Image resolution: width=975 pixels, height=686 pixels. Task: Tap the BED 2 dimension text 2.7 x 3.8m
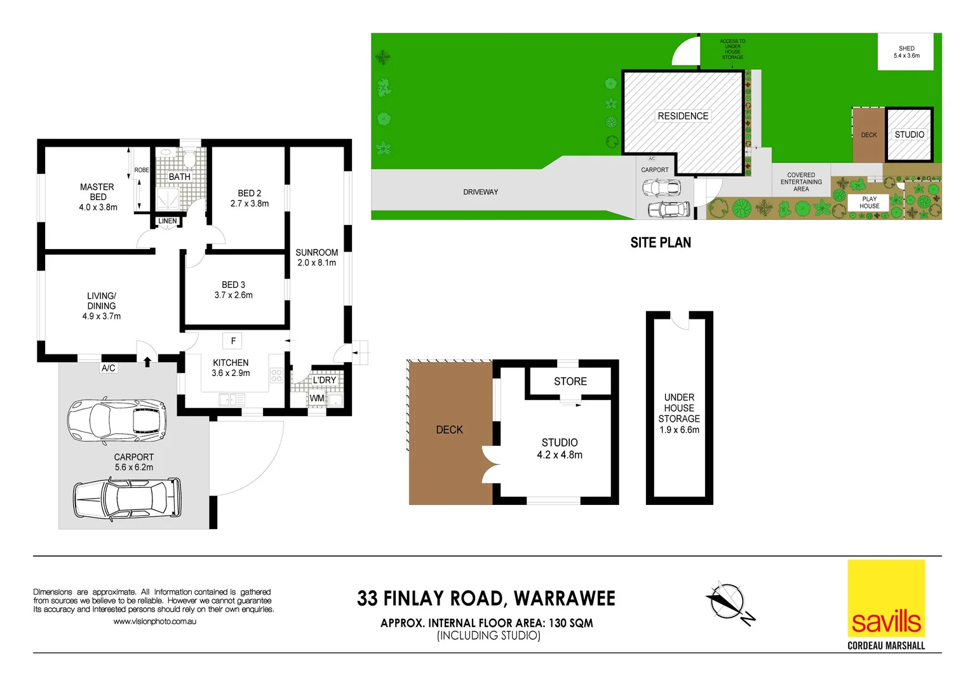tap(250, 204)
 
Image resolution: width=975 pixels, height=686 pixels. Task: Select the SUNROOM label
tap(316, 252)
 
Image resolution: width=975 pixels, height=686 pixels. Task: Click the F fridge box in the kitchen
tap(233, 341)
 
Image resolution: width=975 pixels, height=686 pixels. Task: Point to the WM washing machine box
tap(316, 399)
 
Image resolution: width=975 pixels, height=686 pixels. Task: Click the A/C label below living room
tap(109, 368)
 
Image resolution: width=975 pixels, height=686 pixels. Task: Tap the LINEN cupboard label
tap(168, 221)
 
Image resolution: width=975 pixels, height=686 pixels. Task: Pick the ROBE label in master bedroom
tap(142, 170)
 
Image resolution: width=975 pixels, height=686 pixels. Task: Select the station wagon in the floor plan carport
tap(126, 499)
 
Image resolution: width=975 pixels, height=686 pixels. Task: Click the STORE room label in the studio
tap(570, 381)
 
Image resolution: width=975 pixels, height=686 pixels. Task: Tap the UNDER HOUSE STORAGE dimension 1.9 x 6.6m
tap(679, 430)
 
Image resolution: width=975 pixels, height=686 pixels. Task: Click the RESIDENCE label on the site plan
tap(683, 116)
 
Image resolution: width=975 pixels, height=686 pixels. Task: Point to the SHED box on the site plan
tap(906, 52)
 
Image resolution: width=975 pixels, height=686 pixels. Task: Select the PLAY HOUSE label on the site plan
tap(869, 203)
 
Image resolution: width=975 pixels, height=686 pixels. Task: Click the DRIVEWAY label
tap(480, 192)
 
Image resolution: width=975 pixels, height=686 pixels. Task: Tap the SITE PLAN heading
tap(661, 243)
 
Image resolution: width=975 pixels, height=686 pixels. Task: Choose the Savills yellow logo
tap(886, 598)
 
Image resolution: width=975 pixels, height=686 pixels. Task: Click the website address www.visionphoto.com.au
tap(154, 622)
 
